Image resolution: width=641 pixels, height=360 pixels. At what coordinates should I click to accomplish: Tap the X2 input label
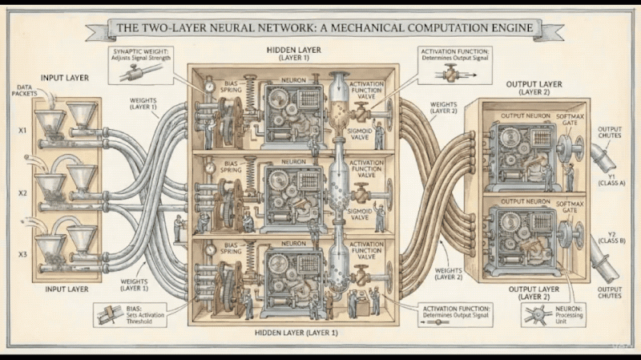(23, 193)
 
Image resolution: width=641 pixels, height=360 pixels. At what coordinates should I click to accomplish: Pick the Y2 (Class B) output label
(612, 239)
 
